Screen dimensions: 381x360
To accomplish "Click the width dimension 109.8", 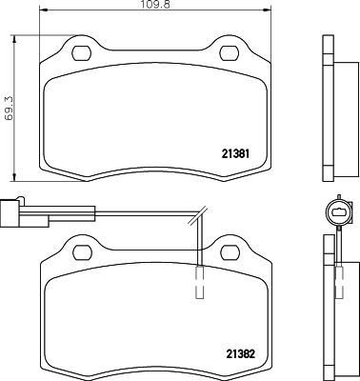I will coord(155,7).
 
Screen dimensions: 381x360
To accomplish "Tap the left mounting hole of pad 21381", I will coord(81,50).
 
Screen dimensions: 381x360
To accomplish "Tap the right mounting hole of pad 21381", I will coord(229,50).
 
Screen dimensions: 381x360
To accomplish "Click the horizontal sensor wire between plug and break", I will coord(114,211).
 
